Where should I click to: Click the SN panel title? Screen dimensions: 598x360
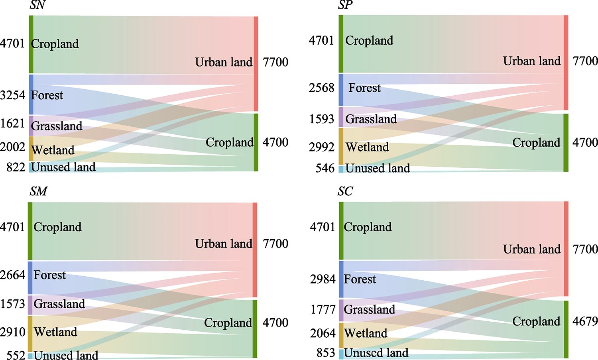37,5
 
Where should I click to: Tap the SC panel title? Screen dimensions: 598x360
345,191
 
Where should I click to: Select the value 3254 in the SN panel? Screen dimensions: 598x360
12,95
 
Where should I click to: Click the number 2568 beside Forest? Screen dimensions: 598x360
321,88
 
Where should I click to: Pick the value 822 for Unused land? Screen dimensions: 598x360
16,167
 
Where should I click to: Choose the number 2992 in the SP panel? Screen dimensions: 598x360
321,147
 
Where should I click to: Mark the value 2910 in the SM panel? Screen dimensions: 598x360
12,332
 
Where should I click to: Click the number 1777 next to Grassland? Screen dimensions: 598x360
323,309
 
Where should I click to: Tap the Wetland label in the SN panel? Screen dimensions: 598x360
53,150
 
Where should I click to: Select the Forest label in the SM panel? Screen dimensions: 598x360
50,275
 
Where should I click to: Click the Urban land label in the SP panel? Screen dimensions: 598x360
532,61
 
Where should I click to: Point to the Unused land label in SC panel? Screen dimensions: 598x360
376,353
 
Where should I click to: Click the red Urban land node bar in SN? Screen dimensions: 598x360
256,64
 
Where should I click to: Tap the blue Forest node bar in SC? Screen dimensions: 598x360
341,279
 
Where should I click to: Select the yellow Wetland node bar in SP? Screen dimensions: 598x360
341,146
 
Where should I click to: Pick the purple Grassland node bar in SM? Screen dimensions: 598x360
30,305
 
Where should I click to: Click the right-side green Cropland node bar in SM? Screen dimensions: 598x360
255,329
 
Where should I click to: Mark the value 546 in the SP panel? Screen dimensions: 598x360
325,168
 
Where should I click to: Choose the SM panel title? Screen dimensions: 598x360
38,191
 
